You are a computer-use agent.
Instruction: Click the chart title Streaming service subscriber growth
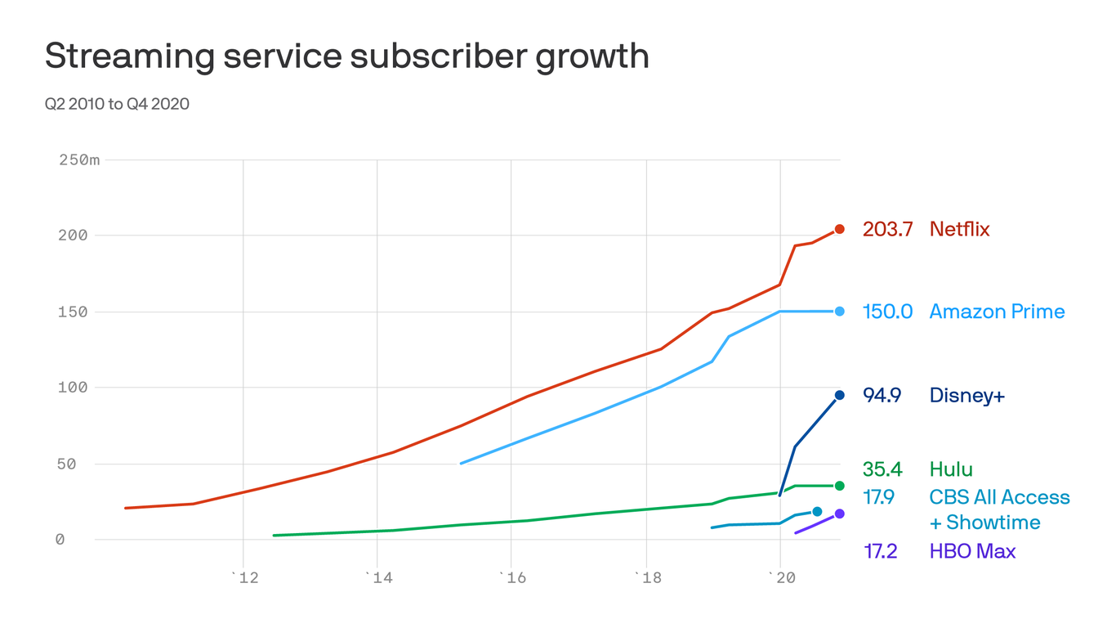tap(346, 56)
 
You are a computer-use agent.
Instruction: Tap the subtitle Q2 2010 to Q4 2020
tap(117, 104)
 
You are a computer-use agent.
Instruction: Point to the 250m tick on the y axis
tap(79, 159)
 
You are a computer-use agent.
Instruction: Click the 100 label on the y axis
tap(71, 388)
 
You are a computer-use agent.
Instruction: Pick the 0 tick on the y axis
tap(60, 540)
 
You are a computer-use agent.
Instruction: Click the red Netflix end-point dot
tap(839, 229)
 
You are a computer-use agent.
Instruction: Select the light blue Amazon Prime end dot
tap(839, 312)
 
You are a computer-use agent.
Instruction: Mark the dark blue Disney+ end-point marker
tap(839, 396)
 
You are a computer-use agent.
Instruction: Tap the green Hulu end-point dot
tap(839, 486)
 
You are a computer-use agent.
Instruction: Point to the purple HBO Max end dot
tap(839, 514)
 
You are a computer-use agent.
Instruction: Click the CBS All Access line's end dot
tap(817, 512)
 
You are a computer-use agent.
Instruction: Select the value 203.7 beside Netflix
tap(887, 230)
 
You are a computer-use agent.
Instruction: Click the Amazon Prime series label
tap(997, 312)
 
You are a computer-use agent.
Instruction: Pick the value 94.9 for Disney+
tap(882, 396)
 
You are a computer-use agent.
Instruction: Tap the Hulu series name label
tap(951, 469)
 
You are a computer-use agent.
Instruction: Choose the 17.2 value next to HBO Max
tap(880, 552)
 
